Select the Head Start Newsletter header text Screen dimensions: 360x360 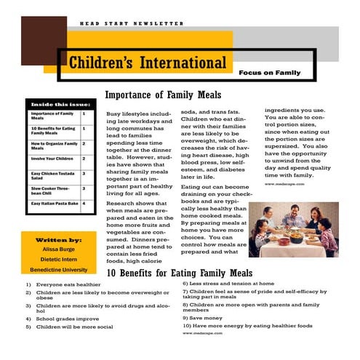point(132,23)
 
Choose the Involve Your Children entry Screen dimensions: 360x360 point(52,158)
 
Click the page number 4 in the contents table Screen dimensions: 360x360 point(84,204)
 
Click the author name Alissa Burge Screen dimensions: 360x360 point(58,249)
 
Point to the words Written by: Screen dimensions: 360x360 point(58,239)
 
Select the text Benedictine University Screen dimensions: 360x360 point(58,268)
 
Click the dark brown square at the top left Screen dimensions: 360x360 point(34,41)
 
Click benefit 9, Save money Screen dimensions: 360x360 point(204,317)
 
